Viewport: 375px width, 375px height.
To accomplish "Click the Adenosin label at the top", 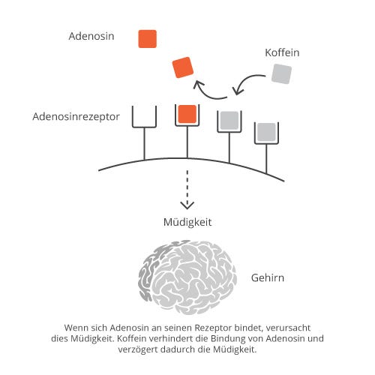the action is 91,36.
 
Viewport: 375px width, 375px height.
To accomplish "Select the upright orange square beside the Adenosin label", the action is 148,39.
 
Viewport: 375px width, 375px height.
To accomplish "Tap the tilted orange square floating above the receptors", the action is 183,67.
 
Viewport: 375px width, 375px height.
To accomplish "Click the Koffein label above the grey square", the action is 282,52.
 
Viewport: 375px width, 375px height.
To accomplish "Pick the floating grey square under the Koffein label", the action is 281,73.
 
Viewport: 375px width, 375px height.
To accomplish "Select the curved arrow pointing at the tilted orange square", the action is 208,91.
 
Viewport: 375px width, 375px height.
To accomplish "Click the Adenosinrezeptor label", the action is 76,117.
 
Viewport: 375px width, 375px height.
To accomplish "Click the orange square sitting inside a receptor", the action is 187,114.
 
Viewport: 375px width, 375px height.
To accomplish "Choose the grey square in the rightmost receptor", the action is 266,132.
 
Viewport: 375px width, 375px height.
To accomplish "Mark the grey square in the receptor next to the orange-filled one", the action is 229,121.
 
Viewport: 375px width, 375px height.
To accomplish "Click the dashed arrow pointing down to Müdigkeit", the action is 187,190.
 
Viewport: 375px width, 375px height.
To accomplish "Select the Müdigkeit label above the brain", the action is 187,222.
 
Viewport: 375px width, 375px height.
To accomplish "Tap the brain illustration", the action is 187,277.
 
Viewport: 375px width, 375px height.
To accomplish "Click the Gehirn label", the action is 268,278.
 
